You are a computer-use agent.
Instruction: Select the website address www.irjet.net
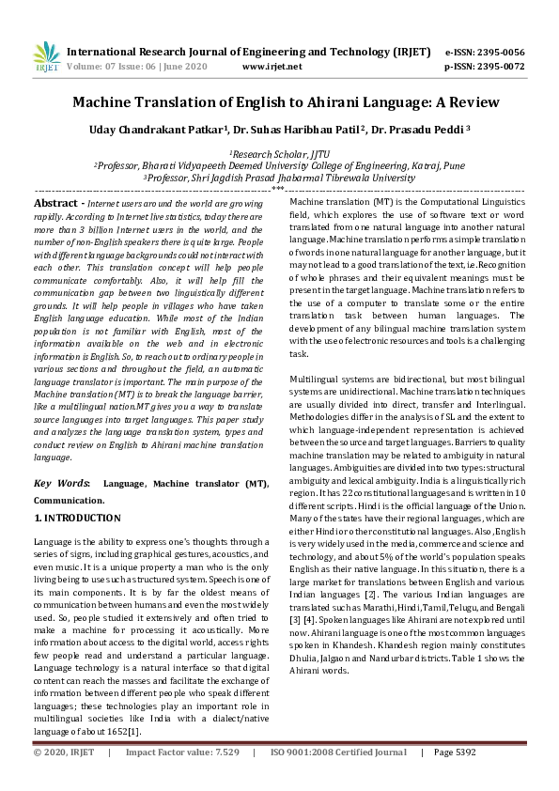272,67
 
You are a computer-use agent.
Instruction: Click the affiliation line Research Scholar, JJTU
279,153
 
